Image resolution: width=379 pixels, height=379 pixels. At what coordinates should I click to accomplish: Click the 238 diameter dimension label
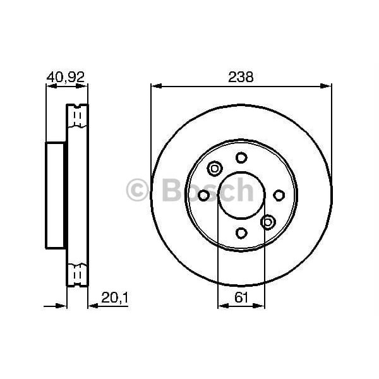click(x=241, y=77)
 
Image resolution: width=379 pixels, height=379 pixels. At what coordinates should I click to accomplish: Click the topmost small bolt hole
click(x=241, y=158)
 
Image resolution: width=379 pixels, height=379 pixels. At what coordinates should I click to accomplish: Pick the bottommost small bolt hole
click(x=241, y=233)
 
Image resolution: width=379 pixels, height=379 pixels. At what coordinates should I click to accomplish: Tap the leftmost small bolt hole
click(x=203, y=195)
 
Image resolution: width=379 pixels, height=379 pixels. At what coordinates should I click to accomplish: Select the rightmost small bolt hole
click(x=279, y=195)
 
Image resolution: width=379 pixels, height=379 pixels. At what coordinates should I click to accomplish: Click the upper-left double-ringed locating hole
click(x=214, y=169)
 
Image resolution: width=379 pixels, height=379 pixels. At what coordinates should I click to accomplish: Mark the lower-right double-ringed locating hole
click(x=267, y=222)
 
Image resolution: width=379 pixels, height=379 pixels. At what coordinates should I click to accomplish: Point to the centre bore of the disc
click(x=241, y=195)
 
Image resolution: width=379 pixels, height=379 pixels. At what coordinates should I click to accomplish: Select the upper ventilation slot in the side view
click(x=77, y=117)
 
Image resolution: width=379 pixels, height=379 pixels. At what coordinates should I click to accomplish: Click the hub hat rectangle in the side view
click(x=56, y=195)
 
